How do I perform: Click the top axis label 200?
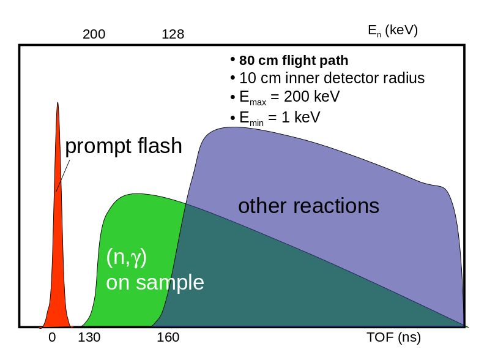click(94, 35)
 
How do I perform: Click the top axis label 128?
click(173, 35)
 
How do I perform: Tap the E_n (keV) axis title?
click(392, 31)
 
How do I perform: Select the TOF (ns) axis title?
click(393, 337)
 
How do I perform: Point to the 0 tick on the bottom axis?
click(52, 337)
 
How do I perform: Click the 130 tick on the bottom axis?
click(89, 337)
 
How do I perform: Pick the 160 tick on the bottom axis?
click(168, 337)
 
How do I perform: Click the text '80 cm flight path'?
click(294, 61)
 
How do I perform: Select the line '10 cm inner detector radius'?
click(332, 78)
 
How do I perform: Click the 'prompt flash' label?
click(124, 146)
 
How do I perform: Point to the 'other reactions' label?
click(308, 206)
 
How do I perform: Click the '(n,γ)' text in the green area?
click(127, 257)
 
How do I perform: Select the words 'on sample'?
click(155, 282)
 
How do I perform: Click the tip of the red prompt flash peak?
click(58, 103)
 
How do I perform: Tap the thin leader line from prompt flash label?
click(63, 176)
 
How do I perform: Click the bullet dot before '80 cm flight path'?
click(232, 59)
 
